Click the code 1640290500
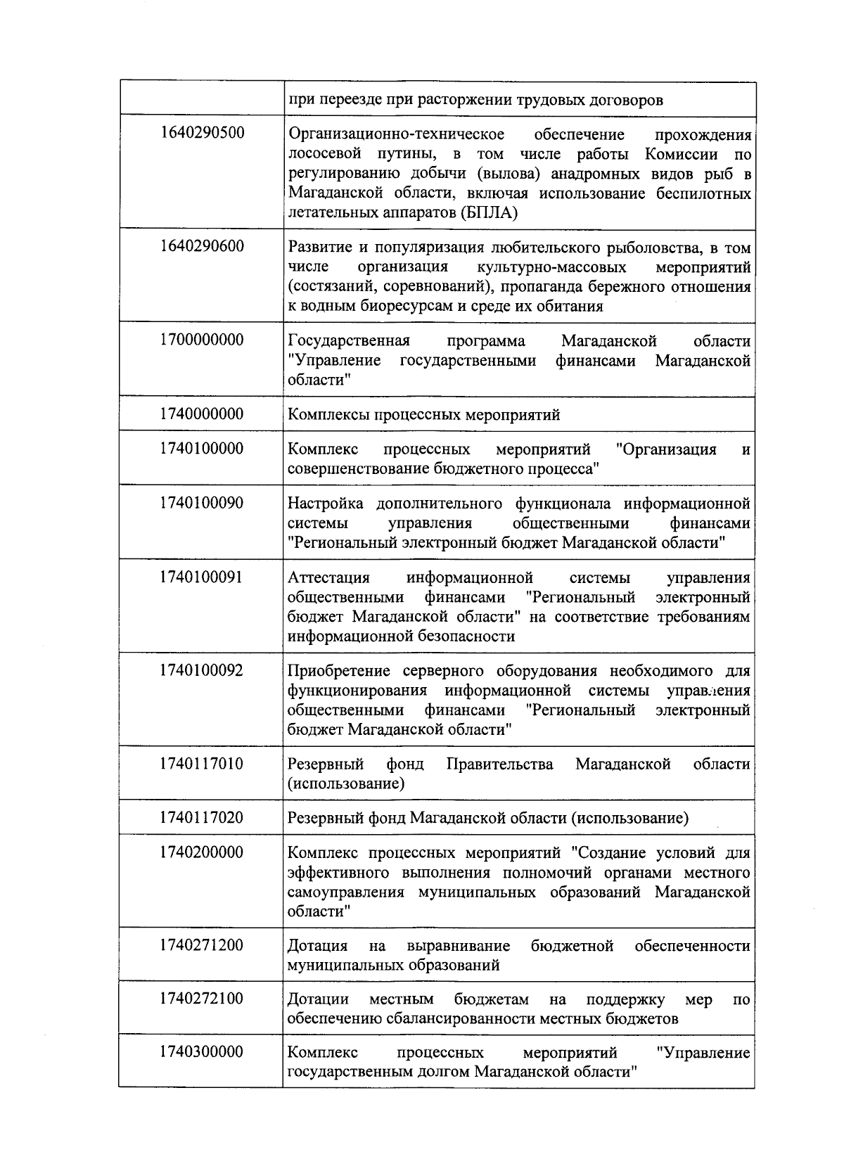[202, 132]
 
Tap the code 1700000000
[202, 340]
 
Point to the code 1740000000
[202, 414]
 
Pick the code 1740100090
[202, 503]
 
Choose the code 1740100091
[202, 577]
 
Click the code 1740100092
[202, 670]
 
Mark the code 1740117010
[202, 764]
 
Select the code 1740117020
[202, 817]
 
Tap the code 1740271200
[202, 945]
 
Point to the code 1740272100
[202, 999]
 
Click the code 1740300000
[202, 1052]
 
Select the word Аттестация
[328, 578]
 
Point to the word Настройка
[326, 504]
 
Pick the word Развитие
[319, 248]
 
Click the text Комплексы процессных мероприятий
[424, 415]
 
